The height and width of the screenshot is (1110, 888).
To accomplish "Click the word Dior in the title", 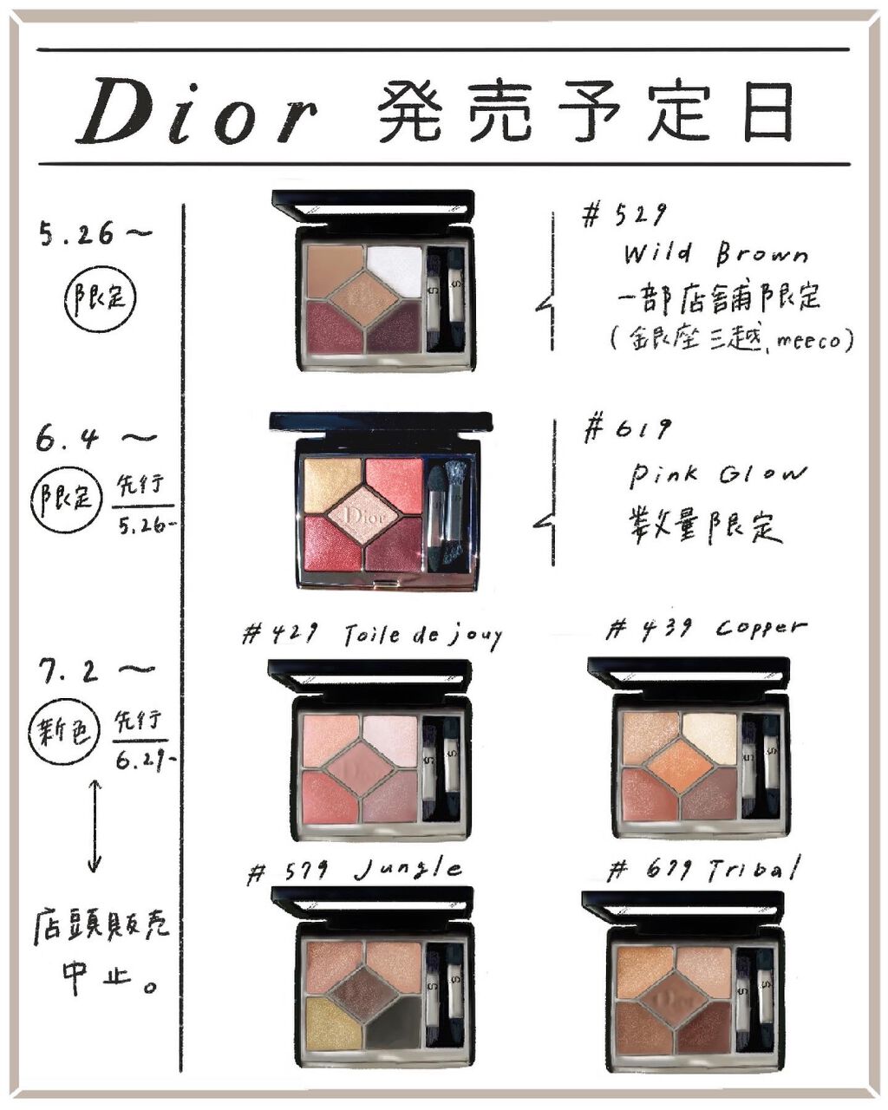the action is pos(197,110).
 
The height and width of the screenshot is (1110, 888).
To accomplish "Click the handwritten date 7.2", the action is pos(69,671).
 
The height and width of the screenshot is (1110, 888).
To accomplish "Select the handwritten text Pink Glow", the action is pos(718,473).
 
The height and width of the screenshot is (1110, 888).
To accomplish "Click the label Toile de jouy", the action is pos(423,636).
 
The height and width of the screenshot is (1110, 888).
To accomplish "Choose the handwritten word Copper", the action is pos(761,629).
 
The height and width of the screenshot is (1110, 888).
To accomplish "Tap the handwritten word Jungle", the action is pos(408,870).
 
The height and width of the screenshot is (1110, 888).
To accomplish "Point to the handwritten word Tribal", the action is pos(754,869).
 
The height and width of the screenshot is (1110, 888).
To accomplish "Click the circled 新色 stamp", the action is pos(63,730).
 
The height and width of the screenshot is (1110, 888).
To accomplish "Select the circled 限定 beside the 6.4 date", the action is pos(67,497).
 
